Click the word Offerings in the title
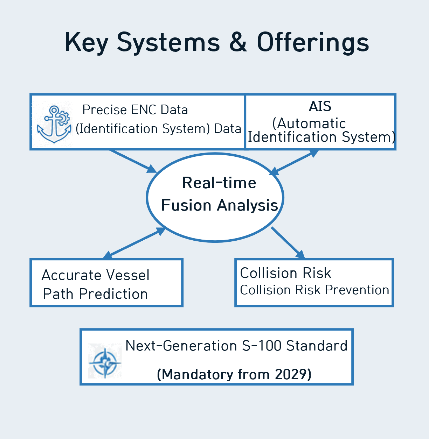coord(313,42)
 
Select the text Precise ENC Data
coord(135,110)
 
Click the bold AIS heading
coord(320,106)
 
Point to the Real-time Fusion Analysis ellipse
coord(215,224)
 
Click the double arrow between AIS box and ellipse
coord(294,162)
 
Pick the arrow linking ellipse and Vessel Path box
coord(134,243)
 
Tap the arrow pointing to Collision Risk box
coord(287,243)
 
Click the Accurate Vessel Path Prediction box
coord(106,283)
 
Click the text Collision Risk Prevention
coord(314,290)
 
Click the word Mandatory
coord(198,374)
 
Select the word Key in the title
coord(87,42)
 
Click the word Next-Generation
coord(181,346)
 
